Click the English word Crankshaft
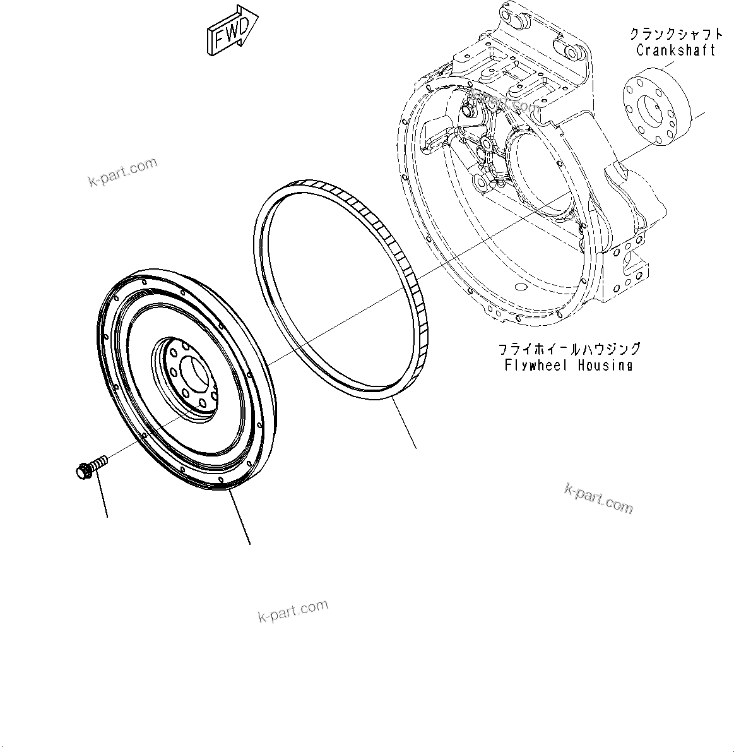(675, 51)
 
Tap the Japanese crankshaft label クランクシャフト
(675, 34)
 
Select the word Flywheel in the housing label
(536, 365)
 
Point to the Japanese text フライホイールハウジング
(569, 349)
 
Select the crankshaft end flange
(656, 114)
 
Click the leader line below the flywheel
(240, 518)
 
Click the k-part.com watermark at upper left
(122, 172)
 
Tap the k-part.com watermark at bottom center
(293, 610)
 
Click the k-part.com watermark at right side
(598, 498)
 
